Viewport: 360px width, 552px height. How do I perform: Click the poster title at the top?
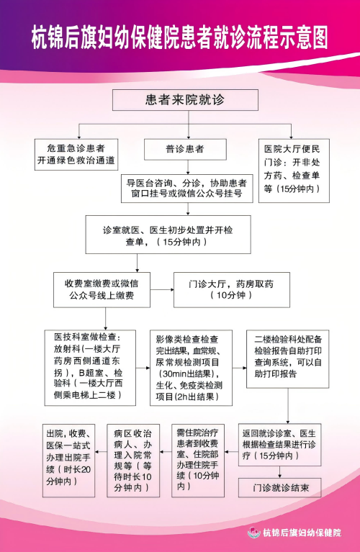click(x=180, y=37)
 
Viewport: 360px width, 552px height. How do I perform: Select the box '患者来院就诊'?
click(x=185, y=100)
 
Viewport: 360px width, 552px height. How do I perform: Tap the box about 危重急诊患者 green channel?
click(x=76, y=155)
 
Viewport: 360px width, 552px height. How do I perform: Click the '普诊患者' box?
click(x=185, y=149)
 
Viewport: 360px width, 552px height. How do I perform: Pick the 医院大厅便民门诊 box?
click(x=294, y=171)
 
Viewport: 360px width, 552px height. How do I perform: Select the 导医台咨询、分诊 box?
click(x=187, y=189)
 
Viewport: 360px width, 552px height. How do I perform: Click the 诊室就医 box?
click(x=168, y=235)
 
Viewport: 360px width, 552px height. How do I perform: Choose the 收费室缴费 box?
click(x=102, y=290)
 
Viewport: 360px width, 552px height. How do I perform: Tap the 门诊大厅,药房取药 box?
click(x=232, y=290)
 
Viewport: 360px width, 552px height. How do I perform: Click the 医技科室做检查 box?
click(x=90, y=368)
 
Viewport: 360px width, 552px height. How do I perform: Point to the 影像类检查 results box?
click(x=192, y=368)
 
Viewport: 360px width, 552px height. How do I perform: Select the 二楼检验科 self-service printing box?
click(x=288, y=359)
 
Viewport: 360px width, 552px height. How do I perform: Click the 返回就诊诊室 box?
click(x=279, y=445)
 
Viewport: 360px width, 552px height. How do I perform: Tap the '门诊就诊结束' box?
click(x=280, y=487)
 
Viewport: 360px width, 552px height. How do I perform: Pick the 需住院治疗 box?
click(x=198, y=461)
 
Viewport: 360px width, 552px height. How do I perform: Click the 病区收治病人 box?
click(x=133, y=461)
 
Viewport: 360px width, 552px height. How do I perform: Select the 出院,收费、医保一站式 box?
click(x=68, y=461)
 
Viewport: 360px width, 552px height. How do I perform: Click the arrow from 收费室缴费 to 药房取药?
click(x=162, y=290)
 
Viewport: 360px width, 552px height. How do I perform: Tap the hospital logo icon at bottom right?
click(x=254, y=532)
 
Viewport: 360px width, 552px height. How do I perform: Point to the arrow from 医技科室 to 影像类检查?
click(x=143, y=368)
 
